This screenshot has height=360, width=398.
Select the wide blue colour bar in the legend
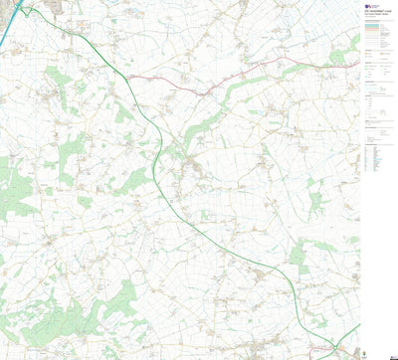tap(374, 23)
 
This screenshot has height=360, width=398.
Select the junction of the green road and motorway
tap(26, 8)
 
